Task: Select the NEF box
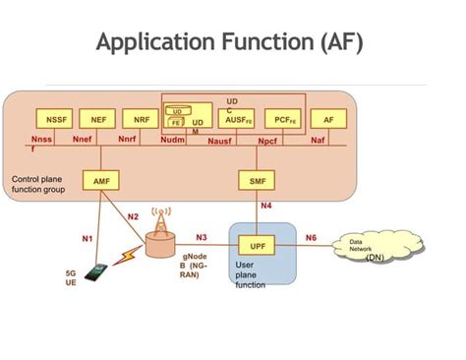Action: coord(97,119)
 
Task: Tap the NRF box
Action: coord(141,119)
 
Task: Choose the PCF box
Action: coord(283,119)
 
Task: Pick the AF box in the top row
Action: coord(328,119)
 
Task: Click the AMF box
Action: coord(101,182)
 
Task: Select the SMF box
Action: coord(257,182)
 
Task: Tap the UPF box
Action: coord(258,245)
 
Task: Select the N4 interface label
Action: coord(266,206)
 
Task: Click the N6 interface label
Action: coord(311,237)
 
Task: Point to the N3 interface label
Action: coord(202,237)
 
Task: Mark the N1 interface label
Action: coord(87,238)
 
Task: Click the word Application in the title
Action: coord(156,42)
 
